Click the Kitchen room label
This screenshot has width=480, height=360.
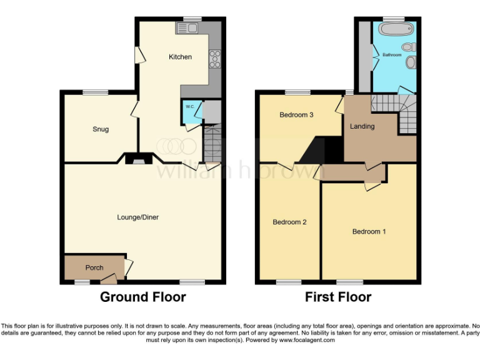pos(180,57)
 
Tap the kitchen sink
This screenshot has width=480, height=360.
pos(187,27)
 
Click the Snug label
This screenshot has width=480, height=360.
pos(100,129)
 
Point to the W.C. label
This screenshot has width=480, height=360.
pos(189,107)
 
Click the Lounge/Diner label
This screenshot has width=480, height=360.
pos(137,217)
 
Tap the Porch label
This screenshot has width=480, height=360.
pos(94,267)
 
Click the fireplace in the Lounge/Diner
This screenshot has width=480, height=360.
pos(134,159)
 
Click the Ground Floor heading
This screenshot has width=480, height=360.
pos(142,297)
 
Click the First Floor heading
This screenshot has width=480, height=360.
pos(337,297)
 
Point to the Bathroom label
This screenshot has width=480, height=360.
pos(392,55)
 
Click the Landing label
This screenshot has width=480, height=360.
pos(362,126)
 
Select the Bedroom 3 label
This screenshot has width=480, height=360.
pos(296,114)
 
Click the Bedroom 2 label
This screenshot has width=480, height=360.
pos(289,222)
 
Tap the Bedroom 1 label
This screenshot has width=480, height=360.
pos(369,232)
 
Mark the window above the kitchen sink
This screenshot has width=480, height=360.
pos(192,18)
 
